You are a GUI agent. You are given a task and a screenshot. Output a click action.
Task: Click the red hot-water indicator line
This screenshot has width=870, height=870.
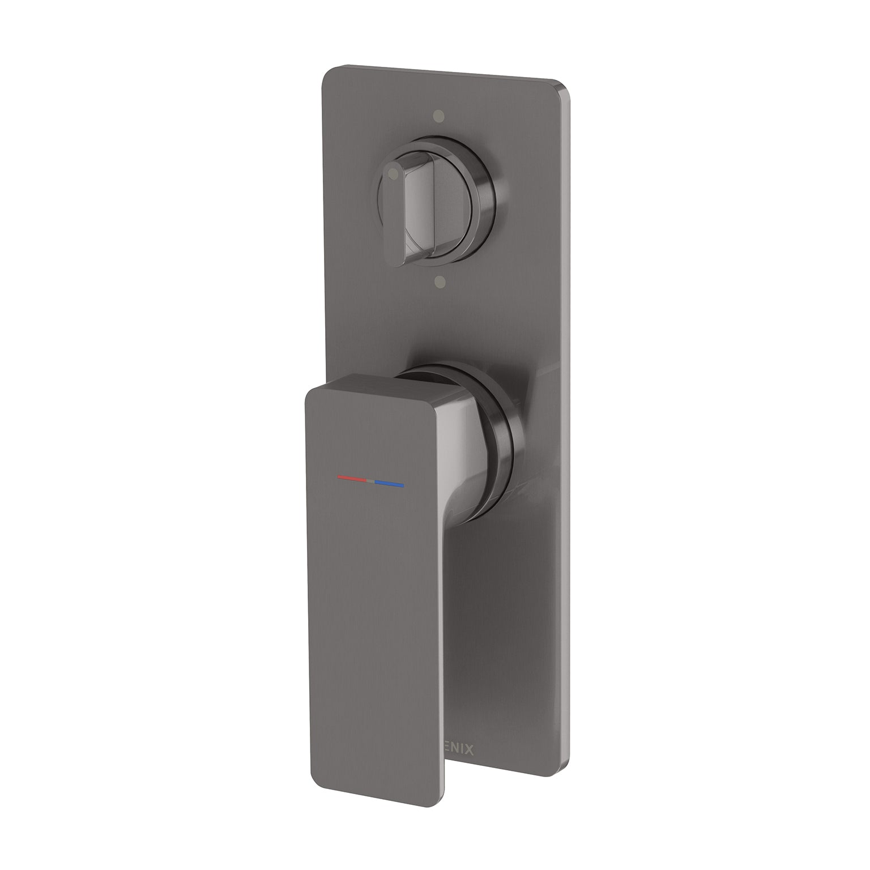pyautogui.click(x=352, y=479)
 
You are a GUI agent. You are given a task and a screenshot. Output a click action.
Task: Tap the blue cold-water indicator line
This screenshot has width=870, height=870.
pyautogui.click(x=389, y=485)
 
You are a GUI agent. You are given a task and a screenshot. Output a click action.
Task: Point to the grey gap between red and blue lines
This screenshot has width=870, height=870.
pyautogui.click(x=370, y=481)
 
